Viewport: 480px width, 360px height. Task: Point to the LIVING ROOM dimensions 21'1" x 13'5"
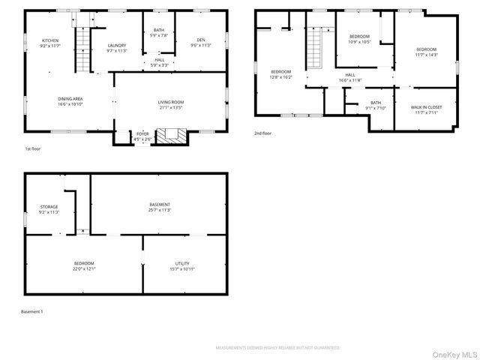[x=170, y=107]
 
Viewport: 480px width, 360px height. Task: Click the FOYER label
[x=142, y=136]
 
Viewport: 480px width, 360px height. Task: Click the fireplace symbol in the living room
[x=175, y=136]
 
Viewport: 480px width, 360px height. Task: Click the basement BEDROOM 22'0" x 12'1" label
[x=84, y=265]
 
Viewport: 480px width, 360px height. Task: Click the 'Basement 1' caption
[x=31, y=311]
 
